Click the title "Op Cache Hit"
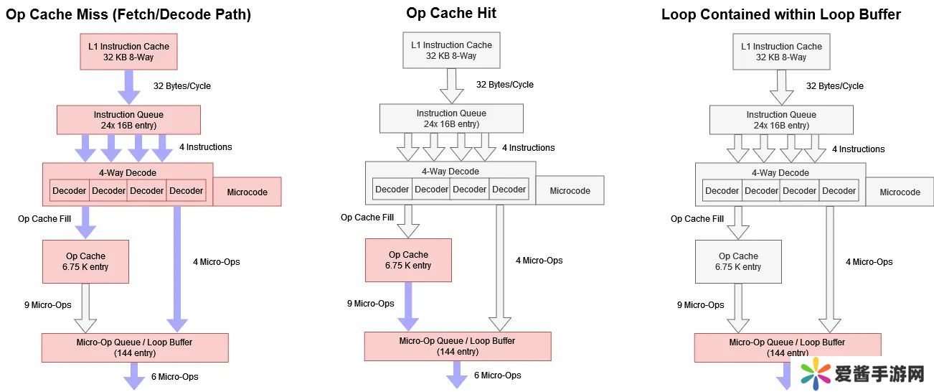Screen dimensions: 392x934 451,13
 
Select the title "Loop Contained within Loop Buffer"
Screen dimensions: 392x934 780,14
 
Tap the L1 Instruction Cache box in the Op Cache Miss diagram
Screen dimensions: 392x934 128,52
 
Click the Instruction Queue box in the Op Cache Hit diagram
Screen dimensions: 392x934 451,118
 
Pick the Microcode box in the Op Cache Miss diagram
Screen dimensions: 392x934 247,192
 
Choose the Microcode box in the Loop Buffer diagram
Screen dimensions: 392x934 900,192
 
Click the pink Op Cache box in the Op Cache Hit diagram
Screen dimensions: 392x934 408,260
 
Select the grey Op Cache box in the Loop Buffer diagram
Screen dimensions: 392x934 738,261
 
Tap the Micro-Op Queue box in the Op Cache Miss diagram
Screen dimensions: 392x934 135,347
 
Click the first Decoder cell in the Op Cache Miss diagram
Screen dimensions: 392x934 69,191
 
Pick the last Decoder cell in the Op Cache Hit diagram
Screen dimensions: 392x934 509,190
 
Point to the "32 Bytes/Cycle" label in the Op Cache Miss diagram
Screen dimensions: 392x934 182,86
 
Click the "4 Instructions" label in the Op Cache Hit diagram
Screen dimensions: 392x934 528,148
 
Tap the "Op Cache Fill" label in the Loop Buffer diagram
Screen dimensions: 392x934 697,219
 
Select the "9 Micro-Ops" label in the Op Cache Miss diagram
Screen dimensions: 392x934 47,305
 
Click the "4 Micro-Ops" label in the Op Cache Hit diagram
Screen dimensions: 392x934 539,261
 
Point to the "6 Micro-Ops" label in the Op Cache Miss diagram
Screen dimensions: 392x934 174,377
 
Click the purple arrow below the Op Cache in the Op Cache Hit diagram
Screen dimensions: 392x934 408,306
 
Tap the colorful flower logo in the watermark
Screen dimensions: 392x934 816,374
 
